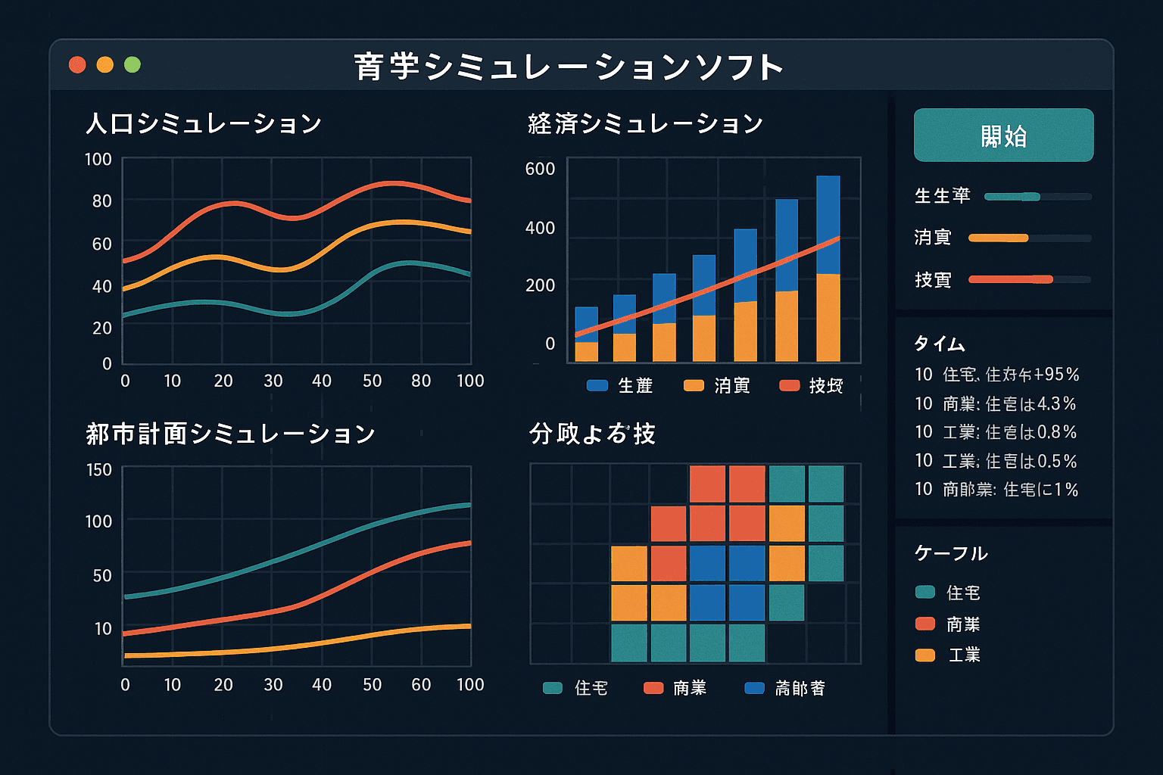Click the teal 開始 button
[1003, 135]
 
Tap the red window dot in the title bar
[77, 65]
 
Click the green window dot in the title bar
[133, 65]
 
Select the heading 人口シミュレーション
[203, 123]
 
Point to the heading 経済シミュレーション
[645, 123]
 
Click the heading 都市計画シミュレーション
[230, 434]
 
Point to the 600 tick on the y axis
[540, 169]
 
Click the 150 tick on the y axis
[98, 470]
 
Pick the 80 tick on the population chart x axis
[421, 381]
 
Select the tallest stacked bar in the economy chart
[828, 269]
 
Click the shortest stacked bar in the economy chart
[586, 334]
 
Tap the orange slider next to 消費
[999, 238]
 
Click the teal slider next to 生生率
[1012, 197]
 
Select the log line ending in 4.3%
[995, 404]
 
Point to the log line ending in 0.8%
[995, 432]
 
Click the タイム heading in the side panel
[939, 344]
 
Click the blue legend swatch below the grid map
[754, 688]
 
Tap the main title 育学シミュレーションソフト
[568, 67]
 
